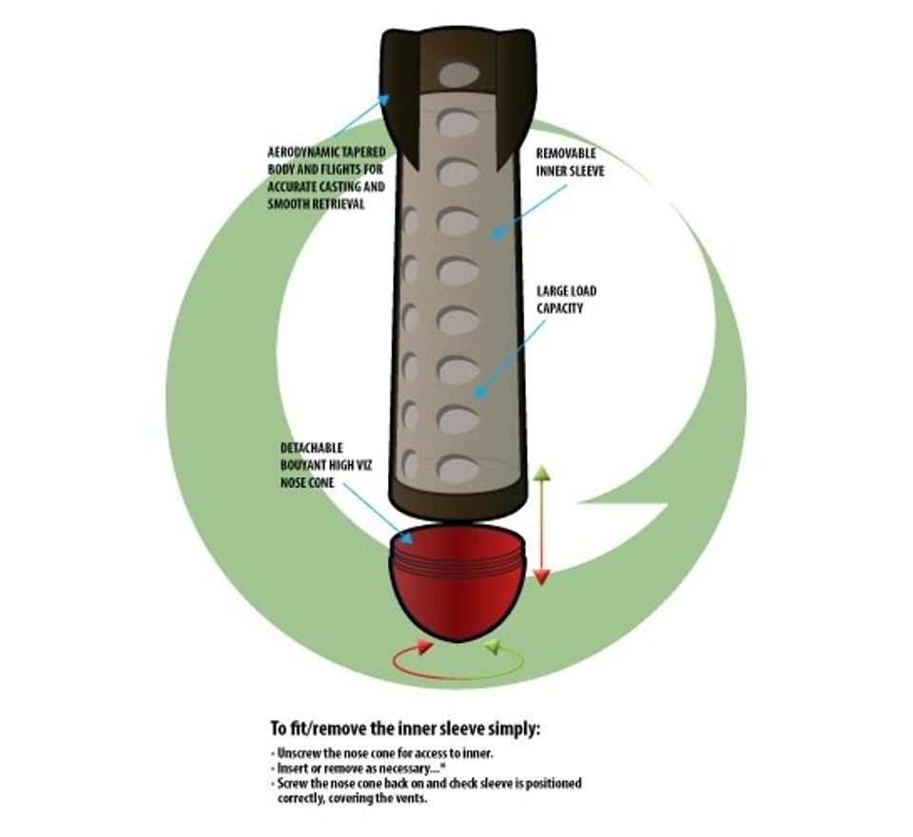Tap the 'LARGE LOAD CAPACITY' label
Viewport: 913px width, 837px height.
pos(566,300)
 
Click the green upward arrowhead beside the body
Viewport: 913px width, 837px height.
pos(541,473)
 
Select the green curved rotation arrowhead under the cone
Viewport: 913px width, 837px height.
pos(493,648)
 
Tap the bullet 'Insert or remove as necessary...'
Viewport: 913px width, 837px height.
pos(352,768)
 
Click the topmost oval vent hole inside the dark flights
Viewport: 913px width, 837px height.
pos(459,74)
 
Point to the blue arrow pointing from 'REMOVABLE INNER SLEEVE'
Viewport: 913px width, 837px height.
pos(528,208)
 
